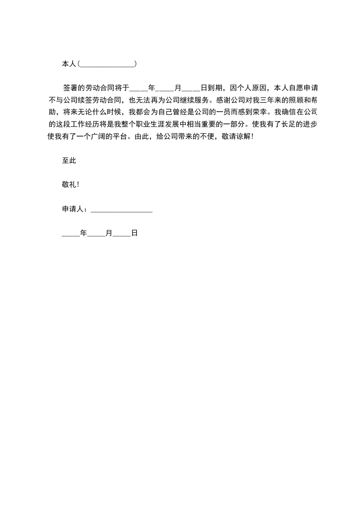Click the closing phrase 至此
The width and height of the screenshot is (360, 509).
pyautogui.click(x=69, y=160)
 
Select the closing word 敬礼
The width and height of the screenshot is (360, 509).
pyautogui.click(x=69, y=185)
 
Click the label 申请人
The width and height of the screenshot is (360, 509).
pyautogui.click(x=73, y=209)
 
